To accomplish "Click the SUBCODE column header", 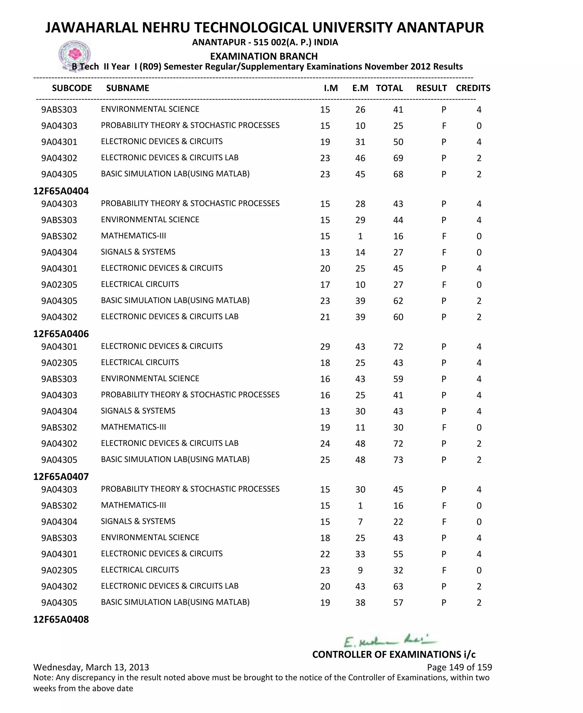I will [72, 88].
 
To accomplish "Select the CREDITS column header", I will [473, 88].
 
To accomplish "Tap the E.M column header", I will [360, 88].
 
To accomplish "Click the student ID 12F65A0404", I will [61, 191].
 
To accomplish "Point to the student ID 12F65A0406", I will [61, 334].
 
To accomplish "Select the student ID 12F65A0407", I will [61, 477].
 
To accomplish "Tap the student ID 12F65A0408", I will [61, 620].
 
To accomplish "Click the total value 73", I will [398, 460].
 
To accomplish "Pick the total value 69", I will [398, 158].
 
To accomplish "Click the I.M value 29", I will [325, 347].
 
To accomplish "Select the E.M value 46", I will [360, 158].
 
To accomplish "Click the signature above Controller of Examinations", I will [389, 641].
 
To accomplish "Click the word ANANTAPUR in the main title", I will [440, 28].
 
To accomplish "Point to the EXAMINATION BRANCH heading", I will [264, 56].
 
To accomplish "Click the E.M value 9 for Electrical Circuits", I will [360, 571].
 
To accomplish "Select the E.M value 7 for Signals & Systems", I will [360, 522].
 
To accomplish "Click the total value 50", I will [398, 142].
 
